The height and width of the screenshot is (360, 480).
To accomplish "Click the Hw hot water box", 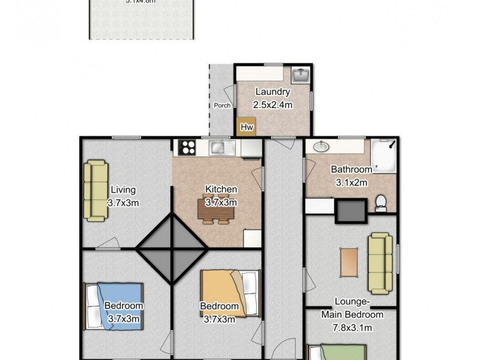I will point(246,127).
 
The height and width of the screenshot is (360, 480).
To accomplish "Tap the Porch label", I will point(222,106).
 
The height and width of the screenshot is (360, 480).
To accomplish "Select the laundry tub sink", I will point(299,76).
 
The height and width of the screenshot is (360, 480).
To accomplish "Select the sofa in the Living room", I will point(95,189).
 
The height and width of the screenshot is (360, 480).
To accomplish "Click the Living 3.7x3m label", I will point(123,196).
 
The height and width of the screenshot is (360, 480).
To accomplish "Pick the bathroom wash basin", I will point(320,147).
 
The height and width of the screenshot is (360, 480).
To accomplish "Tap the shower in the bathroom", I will point(383,155).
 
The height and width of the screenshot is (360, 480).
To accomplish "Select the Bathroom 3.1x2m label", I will point(352,175).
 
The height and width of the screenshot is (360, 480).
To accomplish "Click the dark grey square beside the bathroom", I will point(350,211).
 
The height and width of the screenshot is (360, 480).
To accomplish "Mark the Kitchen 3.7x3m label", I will point(221,196).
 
